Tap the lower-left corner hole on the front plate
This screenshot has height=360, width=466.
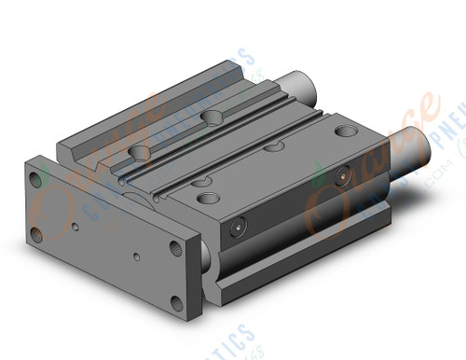click(37, 233)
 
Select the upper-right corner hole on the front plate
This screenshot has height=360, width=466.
click(176, 248)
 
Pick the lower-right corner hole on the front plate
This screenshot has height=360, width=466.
click(177, 301)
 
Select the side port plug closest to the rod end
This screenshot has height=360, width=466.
click(341, 174)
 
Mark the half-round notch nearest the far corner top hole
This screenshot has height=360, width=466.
click(273, 146)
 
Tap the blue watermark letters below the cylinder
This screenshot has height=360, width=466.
click(233, 340)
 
